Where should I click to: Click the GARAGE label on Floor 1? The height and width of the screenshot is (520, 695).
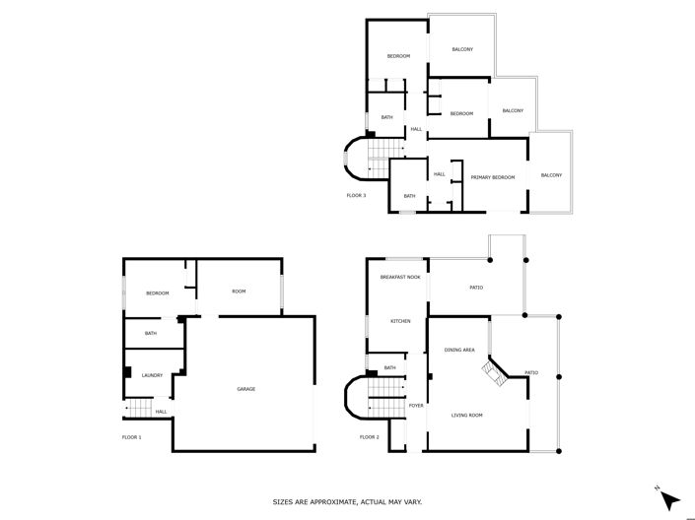pos(245,389)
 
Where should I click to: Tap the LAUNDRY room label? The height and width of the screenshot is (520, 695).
pos(152,375)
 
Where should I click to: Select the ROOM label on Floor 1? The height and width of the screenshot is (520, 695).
pos(239,292)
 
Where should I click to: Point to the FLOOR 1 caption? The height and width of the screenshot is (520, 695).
pos(132,436)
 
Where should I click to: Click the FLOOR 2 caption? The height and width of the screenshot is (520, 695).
pos(370,436)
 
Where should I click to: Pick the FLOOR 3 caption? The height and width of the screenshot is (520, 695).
pos(356,195)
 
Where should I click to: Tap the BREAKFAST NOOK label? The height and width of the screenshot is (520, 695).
pos(400,278)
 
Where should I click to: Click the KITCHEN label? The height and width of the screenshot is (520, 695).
pos(399,321)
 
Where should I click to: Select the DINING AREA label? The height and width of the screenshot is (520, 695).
pos(459,350)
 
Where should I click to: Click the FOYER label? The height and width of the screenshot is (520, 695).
pos(416,405)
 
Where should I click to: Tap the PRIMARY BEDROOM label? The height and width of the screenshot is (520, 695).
pos(492,177)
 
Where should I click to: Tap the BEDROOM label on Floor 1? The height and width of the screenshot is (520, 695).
pos(158,293)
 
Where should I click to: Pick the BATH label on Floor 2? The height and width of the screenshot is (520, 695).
pos(390,368)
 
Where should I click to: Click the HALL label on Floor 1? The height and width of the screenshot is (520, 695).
pos(160,412)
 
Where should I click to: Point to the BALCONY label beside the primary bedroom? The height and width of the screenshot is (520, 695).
pos(550,175)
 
